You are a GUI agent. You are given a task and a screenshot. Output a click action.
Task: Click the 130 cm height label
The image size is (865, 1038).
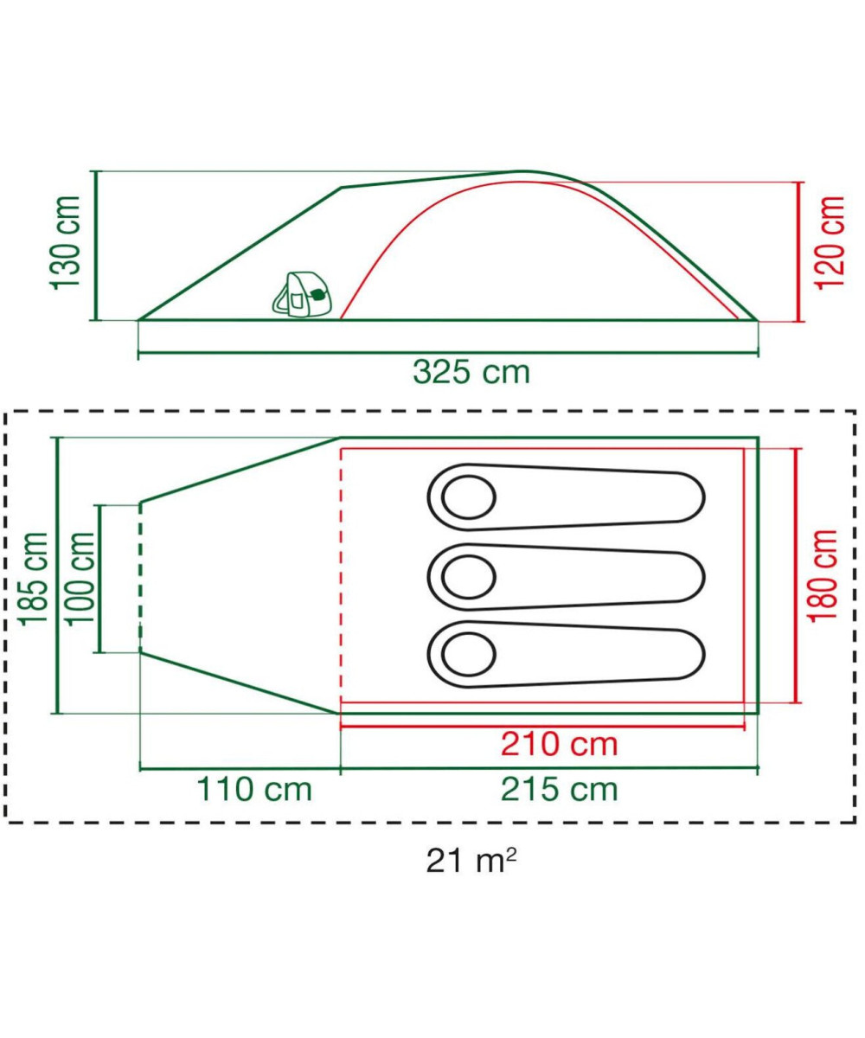pyautogui.click(x=65, y=242)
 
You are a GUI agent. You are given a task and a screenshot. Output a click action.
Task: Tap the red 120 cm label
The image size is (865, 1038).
pyautogui.click(x=829, y=241)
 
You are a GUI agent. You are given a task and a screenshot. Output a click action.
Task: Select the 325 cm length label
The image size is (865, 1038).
pyautogui.click(x=471, y=372)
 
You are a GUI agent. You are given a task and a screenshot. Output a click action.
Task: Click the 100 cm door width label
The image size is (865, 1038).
pyautogui.click(x=78, y=577)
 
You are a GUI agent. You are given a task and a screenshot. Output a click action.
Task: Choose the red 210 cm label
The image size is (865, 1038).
pyautogui.click(x=559, y=745)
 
